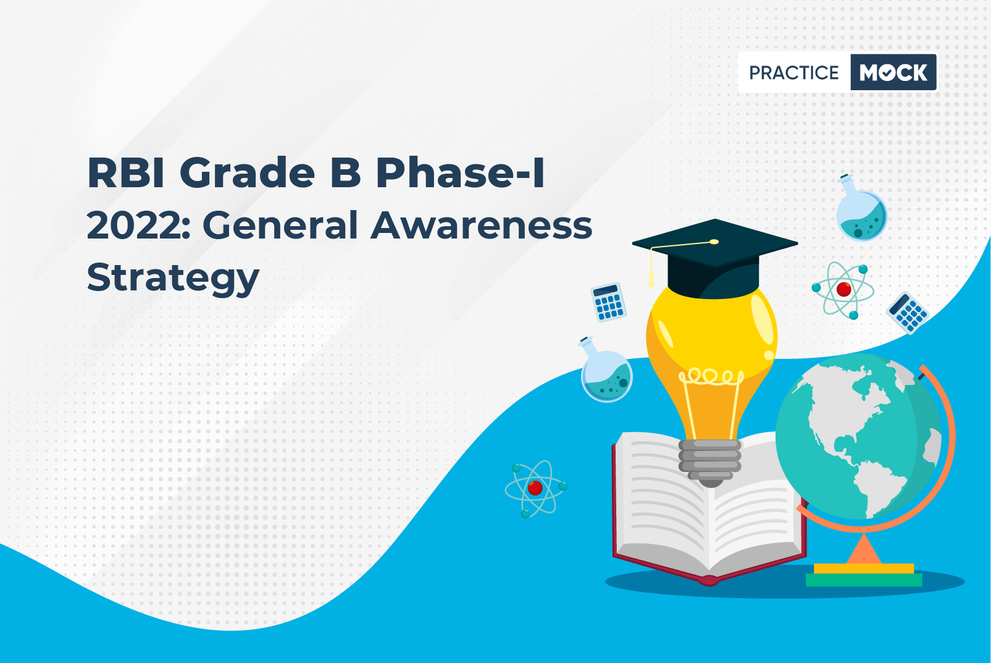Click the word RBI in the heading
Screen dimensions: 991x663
(126, 172)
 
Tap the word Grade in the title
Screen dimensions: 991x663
(247, 172)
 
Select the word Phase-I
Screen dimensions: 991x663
(461, 172)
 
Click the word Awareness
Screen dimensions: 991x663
(481, 226)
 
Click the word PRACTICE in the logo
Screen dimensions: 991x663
(793, 72)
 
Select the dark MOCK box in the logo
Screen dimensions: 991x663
(893, 72)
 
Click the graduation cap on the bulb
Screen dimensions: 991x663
(714, 259)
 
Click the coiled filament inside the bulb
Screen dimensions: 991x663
(711, 377)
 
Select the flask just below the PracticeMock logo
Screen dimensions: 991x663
(861, 208)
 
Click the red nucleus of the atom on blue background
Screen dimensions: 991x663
(535, 488)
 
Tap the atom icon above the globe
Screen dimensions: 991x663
(842, 290)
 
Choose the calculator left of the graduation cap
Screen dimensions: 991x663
(609, 302)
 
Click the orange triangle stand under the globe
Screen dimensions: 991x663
(864, 549)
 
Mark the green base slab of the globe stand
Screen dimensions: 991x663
(864, 580)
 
